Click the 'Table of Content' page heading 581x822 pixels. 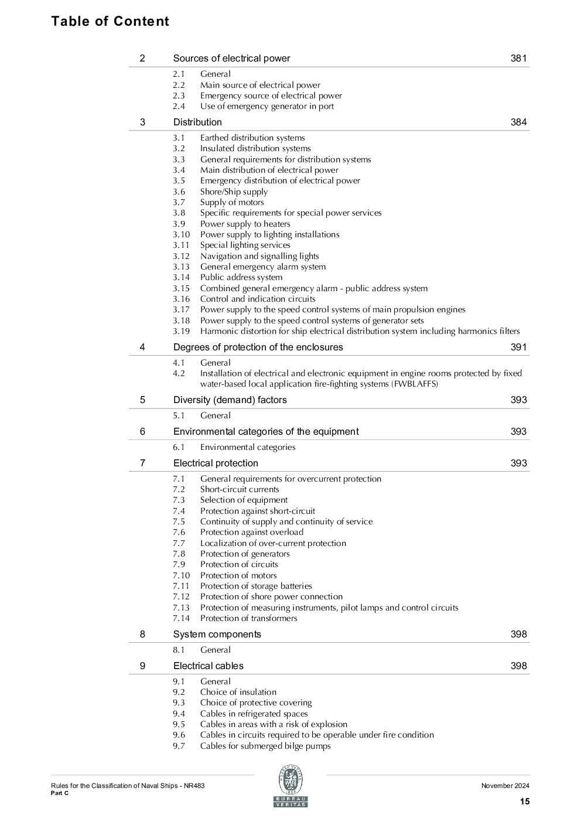click(x=110, y=22)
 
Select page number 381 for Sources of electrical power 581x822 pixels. click(x=518, y=59)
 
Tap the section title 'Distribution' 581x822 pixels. click(x=197, y=122)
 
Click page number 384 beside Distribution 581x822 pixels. click(x=518, y=122)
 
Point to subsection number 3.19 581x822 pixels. click(x=181, y=332)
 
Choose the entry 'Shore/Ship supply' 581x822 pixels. click(x=234, y=192)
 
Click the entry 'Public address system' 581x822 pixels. click(x=241, y=278)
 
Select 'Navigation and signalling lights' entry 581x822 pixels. click(x=259, y=256)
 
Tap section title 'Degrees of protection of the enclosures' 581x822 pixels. click(x=258, y=347)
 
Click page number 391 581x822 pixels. click(x=518, y=347)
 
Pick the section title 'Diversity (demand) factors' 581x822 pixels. click(x=230, y=400)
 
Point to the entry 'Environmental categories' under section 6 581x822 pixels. click(x=248, y=448)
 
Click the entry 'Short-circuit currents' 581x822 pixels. click(x=240, y=490)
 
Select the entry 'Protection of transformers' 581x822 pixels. click(x=248, y=619)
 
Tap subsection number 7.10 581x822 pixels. click(x=181, y=576)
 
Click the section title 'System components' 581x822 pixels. click(x=217, y=635)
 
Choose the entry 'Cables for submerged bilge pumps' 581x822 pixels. click(x=265, y=746)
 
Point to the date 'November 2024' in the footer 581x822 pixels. click(x=505, y=786)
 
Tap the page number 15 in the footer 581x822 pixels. click(x=524, y=801)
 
